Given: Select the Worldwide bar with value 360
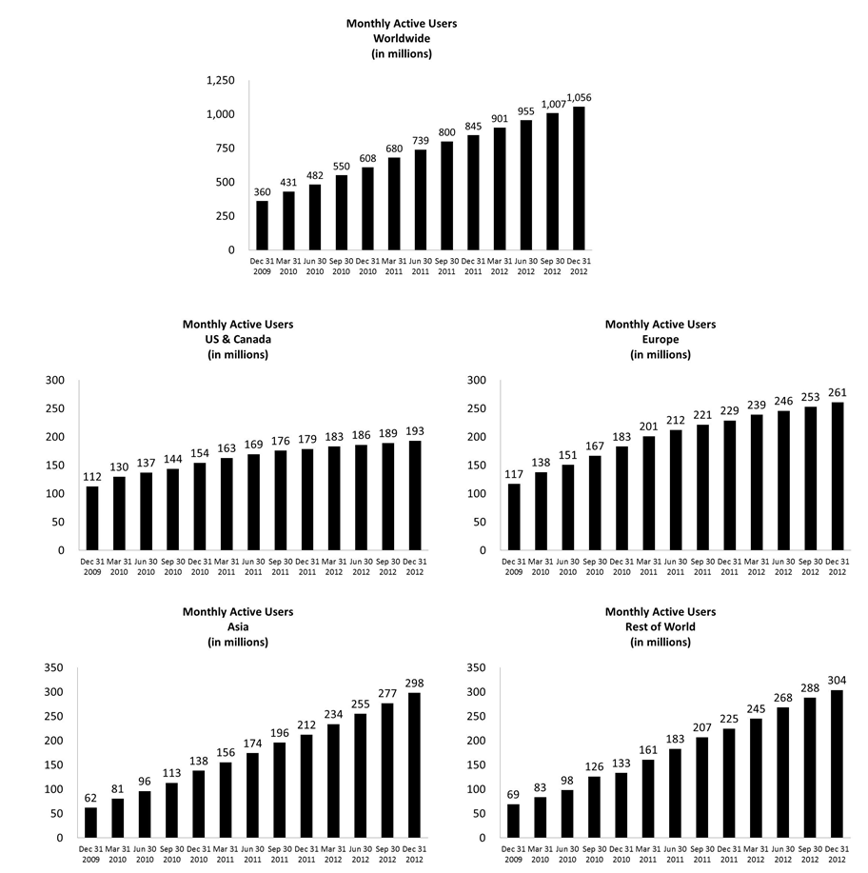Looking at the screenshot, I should (262, 226).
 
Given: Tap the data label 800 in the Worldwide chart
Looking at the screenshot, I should (447, 132).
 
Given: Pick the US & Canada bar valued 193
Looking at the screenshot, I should (416, 495).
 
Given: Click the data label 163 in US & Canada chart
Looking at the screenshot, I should (227, 447).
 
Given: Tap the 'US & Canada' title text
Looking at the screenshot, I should (238, 340).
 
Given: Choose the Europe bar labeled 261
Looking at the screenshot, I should (838, 476).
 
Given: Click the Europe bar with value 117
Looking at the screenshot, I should (514, 517).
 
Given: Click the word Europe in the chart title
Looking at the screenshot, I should (660, 340).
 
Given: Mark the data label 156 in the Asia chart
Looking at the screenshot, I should (227, 751).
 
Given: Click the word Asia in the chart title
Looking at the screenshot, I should (238, 627).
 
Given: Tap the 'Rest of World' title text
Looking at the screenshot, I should (660, 627).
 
